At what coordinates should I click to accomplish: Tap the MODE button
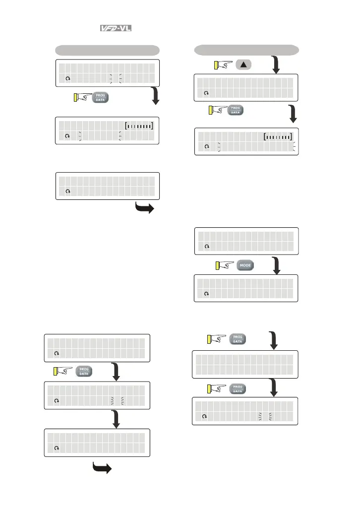click(245, 265)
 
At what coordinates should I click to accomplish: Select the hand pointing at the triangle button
click(223, 64)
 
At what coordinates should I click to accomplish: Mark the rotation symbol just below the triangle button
click(206, 92)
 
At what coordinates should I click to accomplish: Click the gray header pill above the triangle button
click(246, 50)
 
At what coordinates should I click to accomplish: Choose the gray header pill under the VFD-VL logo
click(107, 50)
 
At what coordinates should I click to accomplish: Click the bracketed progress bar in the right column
click(278, 136)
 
